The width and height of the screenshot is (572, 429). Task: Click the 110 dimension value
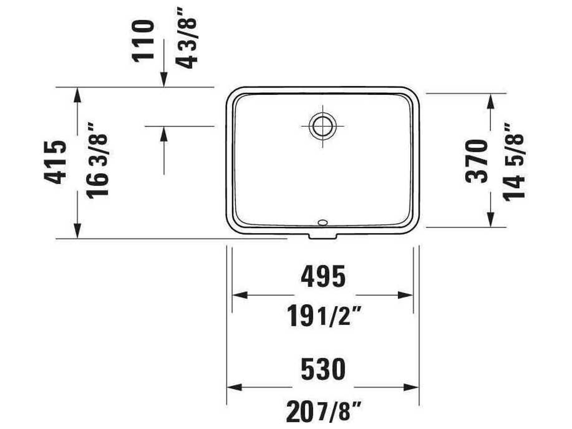[143, 41]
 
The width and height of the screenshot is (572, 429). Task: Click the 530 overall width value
[323, 369]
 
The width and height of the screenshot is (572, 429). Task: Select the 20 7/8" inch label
[323, 411]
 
